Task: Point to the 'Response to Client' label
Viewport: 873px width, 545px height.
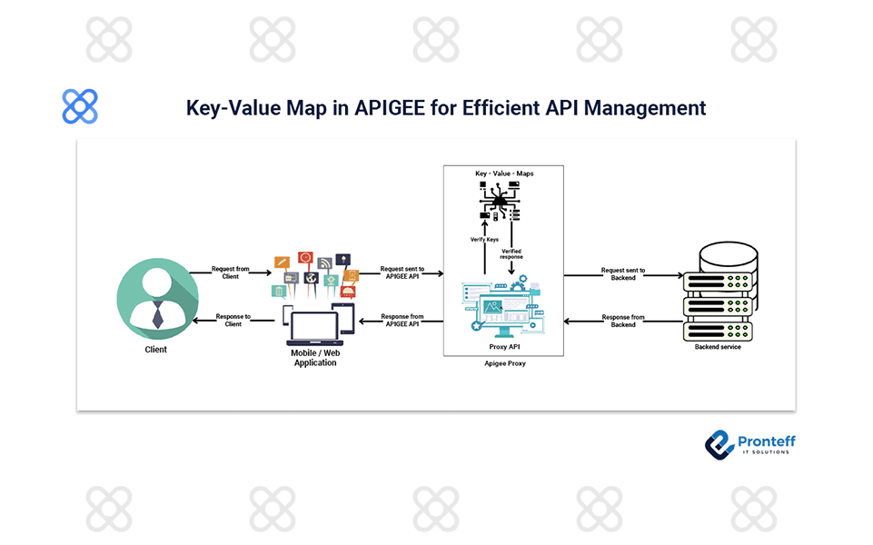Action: pyautogui.click(x=233, y=320)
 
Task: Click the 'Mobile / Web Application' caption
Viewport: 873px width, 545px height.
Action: pyautogui.click(x=314, y=357)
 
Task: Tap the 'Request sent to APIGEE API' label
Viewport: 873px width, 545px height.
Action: pyautogui.click(x=402, y=272)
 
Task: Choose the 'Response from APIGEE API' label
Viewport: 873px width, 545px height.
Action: pyautogui.click(x=402, y=320)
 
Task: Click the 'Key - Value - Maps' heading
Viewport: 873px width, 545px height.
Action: pyautogui.click(x=503, y=173)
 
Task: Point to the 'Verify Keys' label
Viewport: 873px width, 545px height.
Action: pyautogui.click(x=484, y=239)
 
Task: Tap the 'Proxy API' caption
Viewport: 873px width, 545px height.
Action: pyautogui.click(x=503, y=347)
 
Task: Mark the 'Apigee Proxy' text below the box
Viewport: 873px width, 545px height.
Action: pyautogui.click(x=504, y=362)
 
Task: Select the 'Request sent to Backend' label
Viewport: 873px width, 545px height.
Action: pyautogui.click(x=623, y=272)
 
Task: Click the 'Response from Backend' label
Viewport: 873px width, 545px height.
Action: pyautogui.click(x=623, y=321)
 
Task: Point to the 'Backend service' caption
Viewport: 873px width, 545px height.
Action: pyautogui.click(x=718, y=347)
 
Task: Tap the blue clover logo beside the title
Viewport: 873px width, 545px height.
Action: pyautogui.click(x=80, y=107)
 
